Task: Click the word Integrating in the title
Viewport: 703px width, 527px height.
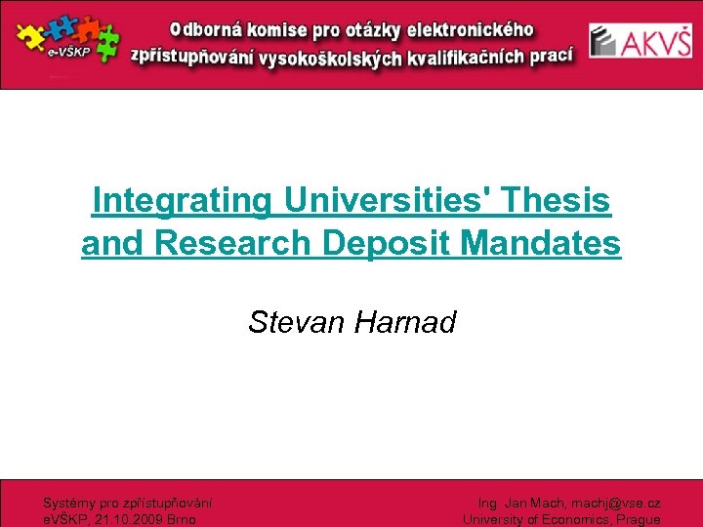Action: click(182, 201)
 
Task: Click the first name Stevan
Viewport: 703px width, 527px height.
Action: click(297, 322)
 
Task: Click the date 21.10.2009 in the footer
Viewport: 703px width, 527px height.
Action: click(128, 519)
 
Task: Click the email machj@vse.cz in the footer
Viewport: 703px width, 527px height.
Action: click(614, 504)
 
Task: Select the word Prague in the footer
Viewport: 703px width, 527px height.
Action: click(639, 519)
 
